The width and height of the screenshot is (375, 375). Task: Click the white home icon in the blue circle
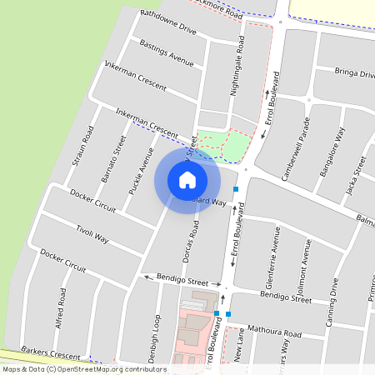tap(187, 180)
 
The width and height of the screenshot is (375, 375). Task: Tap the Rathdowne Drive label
tap(168, 22)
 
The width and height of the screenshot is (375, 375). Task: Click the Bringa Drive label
tap(354, 73)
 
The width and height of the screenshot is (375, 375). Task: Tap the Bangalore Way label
tap(332, 152)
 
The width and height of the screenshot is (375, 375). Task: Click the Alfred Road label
tap(61, 307)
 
